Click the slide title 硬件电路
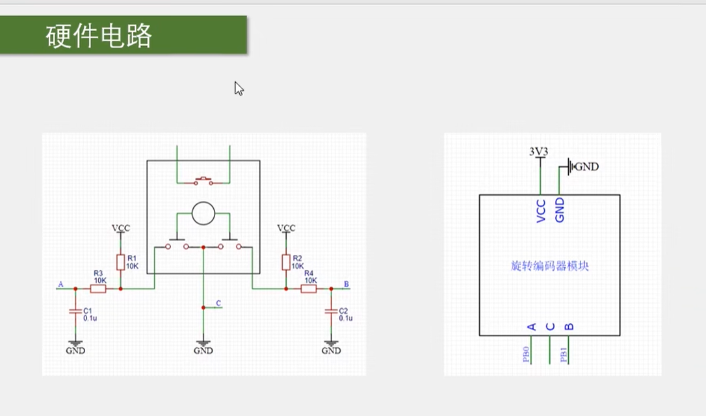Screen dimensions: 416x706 coord(99,36)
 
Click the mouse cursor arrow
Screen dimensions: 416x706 coord(239,88)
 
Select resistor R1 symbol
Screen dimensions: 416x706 coord(120,262)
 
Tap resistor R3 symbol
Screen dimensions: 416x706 coord(98,288)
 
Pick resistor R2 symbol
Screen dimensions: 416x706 coord(285,262)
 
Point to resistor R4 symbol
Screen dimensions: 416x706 coord(309,288)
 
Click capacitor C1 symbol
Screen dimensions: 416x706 coord(75,312)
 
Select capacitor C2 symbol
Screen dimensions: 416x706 coord(331,312)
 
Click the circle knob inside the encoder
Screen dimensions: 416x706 coord(203,213)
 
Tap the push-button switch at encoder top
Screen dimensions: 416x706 coord(203,180)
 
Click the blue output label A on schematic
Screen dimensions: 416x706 coord(60,284)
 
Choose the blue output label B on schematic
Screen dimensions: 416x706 coord(346,284)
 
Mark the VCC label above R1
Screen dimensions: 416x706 coord(120,228)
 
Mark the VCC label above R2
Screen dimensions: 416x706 coord(285,228)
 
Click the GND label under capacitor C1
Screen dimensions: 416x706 coord(75,350)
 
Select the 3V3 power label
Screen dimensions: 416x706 coord(538,151)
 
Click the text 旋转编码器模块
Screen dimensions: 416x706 coord(549,266)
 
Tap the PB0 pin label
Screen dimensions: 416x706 coord(526,354)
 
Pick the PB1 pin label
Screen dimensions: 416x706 coord(564,354)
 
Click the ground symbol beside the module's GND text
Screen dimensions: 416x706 coord(570,166)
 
